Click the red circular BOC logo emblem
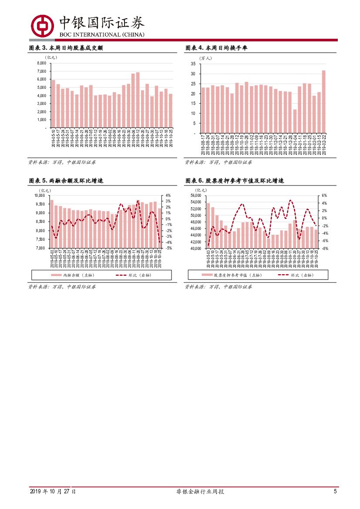(x=42, y=25)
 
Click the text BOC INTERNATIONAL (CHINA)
(x=102, y=34)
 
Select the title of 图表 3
(x=65, y=48)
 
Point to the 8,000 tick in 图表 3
(x=41, y=63)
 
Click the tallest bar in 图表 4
(x=323, y=102)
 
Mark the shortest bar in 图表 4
(x=295, y=121)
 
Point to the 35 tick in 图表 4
(x=193, y=64)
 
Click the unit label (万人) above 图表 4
(x=205, y=58)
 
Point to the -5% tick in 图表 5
(x=168, y=248)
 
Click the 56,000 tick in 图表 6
(x=197, y=196)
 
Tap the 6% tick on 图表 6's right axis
(x=324, y=196)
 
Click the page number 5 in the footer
(x=335, y=492)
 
